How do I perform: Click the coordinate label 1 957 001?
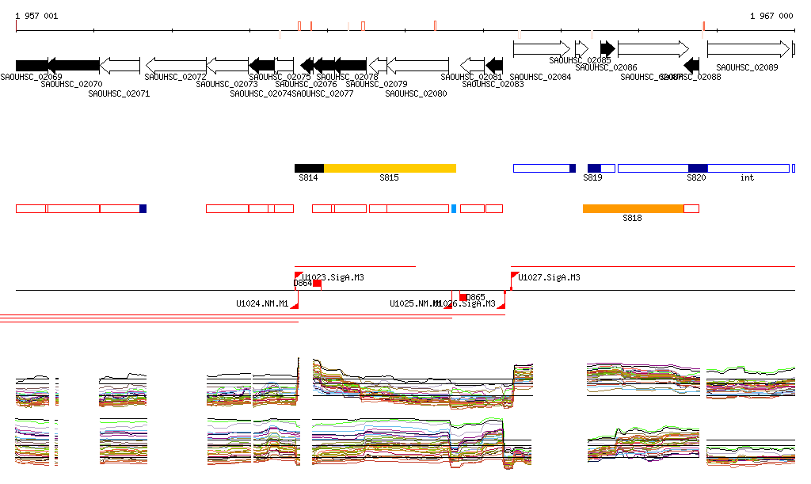tap(36, 16)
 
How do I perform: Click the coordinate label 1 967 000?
tap(771, 16)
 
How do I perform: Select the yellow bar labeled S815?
tap(390, 168)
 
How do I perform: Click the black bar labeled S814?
tap(309, 168)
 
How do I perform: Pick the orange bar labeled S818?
tap(633, 208)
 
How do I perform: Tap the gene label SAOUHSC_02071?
tap(119, 93)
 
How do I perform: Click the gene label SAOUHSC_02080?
tap(416, 93)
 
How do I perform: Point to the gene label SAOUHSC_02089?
tap(747, 68)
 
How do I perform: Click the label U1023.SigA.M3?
tap(333, 278)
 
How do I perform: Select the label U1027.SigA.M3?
tap(549, 278)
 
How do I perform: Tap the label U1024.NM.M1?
tap(262, 303)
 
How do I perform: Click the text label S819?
tap(592, 178)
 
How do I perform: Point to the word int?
tap(747, 178)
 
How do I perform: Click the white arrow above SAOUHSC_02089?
tap(748, 49)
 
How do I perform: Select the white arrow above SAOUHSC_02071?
tap(120, 65)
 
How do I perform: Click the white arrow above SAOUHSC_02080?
tap(417, 65)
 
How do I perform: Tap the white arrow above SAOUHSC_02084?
tap(541, 49)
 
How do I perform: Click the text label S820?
tap(696, 178)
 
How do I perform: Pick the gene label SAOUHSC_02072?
tap(175, 77)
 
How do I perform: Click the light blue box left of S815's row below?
tap(454, 208)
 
